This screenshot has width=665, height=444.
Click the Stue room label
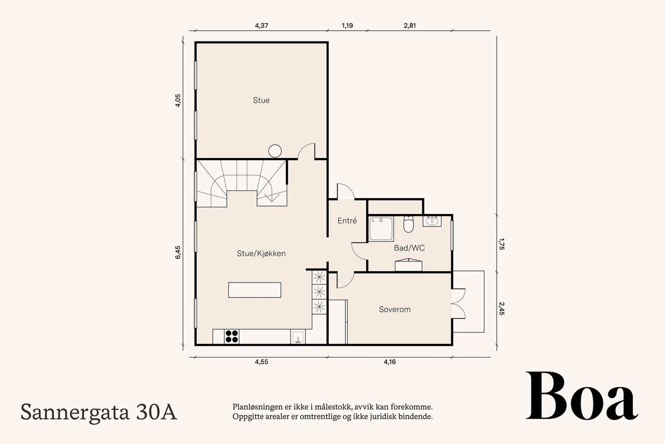coord(261,100)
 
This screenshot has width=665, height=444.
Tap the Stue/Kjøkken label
coord(261,253)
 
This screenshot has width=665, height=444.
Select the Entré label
coord(347,221)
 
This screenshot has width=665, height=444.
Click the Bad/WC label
coord(409,248)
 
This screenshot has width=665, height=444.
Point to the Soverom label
coord(394,310)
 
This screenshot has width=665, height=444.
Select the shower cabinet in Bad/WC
coord(382,229)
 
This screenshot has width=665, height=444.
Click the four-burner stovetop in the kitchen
coord(232,336)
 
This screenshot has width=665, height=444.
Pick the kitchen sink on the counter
coord(298,337)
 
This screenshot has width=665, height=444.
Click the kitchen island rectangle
coord(254,290)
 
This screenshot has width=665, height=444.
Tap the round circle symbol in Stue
coord(275,151)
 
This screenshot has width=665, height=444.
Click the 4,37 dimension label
coord(261,25)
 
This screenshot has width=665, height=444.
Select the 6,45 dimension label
coord(178,253)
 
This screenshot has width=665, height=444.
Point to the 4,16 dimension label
coord(389,362)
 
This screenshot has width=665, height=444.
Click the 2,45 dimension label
coord(501,309)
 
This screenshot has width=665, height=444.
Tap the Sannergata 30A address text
coord(99,412)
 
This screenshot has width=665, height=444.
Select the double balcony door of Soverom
coord(458,303)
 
